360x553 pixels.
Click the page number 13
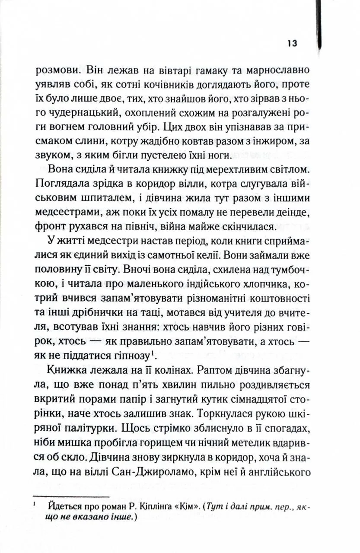tap(291, 44)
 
